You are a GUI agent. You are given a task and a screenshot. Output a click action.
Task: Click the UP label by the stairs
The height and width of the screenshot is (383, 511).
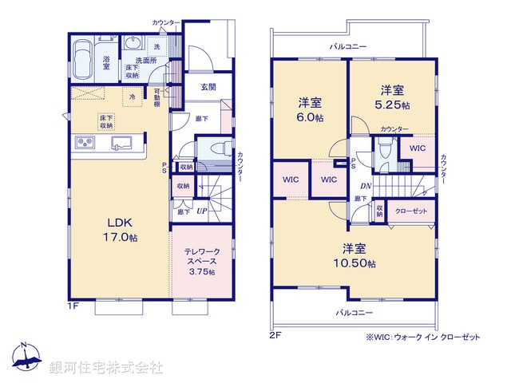[x=201, y=211]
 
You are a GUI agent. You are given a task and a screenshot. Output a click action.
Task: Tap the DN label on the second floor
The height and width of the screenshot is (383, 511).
[x=365, y=186]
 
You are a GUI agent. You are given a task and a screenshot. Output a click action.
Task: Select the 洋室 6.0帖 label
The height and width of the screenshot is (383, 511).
[x=311, y=109]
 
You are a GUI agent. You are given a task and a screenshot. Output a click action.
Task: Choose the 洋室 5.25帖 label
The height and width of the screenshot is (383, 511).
[x=393, y=97]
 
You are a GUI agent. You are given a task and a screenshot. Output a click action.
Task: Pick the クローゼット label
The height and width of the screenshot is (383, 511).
[x=411, y=210]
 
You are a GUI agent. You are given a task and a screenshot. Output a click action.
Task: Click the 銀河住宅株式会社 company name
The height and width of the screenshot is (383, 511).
[x=106, y=368]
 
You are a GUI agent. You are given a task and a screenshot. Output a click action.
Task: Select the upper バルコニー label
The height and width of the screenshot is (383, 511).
[x=349, y=47]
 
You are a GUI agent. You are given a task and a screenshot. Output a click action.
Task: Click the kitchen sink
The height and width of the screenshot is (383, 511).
[x=122, y=144]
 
